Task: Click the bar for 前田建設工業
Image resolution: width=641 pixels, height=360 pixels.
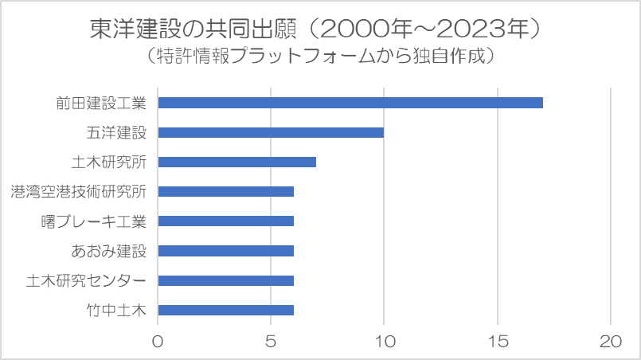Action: pos(350,103)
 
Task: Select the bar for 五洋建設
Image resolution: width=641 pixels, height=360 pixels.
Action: pos(271,132)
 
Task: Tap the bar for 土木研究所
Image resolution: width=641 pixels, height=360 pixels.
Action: pos(237,162)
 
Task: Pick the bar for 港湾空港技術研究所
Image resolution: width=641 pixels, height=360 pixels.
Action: pos(225,191)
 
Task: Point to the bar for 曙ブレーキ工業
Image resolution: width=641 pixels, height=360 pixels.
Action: pos(225,221)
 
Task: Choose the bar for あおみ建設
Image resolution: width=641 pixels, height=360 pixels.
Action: pos(225,251)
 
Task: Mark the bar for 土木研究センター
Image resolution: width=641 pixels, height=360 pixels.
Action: pos(225,280)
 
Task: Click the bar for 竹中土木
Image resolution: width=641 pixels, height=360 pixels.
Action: pos(225,310)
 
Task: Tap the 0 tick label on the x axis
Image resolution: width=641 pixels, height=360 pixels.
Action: pos(158,341)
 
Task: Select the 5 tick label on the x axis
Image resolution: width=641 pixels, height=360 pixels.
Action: pos(271,341)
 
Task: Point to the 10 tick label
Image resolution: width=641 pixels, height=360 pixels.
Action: pos(384,341)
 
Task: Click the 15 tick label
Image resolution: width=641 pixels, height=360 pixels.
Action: pos(498,341)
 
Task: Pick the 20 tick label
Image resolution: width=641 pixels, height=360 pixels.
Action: pos(611,341)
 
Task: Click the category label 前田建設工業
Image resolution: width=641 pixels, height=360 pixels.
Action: pos(101,103)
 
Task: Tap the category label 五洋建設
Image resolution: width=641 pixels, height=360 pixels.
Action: pos(116,132)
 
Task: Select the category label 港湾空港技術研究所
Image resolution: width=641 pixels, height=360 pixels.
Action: pos(79,191)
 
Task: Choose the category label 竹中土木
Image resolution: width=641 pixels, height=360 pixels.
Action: pos(116,310)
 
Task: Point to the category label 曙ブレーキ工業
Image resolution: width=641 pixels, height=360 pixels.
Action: pos(94,221)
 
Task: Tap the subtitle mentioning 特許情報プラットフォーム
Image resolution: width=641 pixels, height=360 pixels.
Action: pos(320,56)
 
